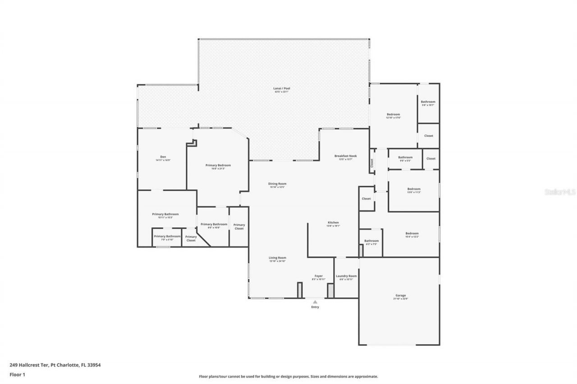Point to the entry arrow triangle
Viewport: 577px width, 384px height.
point(315,302)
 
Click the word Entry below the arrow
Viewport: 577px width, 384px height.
point(315,307)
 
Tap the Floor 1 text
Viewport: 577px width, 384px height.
point(17,374)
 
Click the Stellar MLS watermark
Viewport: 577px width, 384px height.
point(560,192)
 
